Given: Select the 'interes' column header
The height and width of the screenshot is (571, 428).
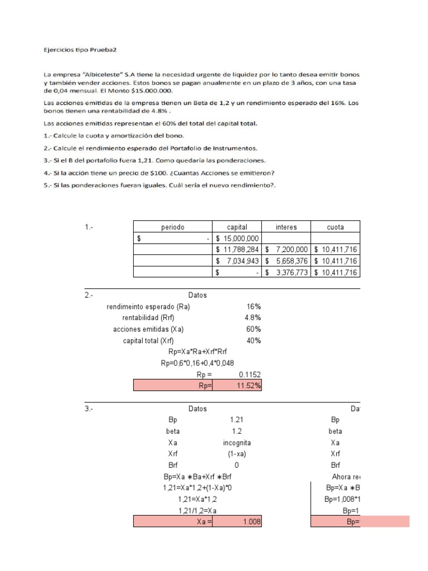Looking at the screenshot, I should (x=286, y=227).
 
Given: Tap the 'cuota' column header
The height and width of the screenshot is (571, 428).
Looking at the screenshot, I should (x=335, y=227).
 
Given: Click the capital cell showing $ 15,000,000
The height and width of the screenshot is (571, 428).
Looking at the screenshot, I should (x=237, y=238).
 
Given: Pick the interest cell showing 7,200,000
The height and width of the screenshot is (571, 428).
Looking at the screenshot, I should (x=286, y=249).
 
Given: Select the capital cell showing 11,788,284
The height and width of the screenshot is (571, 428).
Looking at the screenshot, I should (x=237, y=249).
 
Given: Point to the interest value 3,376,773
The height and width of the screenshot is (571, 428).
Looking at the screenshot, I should (x=286, y=272).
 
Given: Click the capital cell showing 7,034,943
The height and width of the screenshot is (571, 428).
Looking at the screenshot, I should (x=237, y=261).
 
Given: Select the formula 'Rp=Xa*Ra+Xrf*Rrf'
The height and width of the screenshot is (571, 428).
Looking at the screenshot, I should (x=197, y=352).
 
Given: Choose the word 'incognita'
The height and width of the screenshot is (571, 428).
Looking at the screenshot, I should (x=237, y=442).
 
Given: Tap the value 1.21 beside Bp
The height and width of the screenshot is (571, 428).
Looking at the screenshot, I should (x=237, y=420).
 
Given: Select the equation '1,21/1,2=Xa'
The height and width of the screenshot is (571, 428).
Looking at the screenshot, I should (x=197, y=510).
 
